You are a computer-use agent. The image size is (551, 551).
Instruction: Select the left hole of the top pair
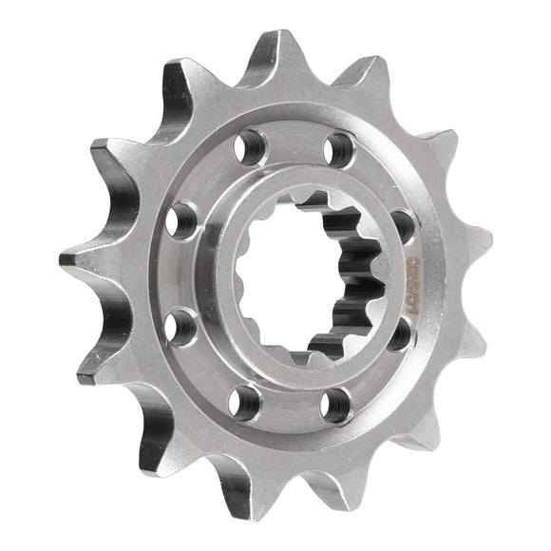click(x=249, y=145)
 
